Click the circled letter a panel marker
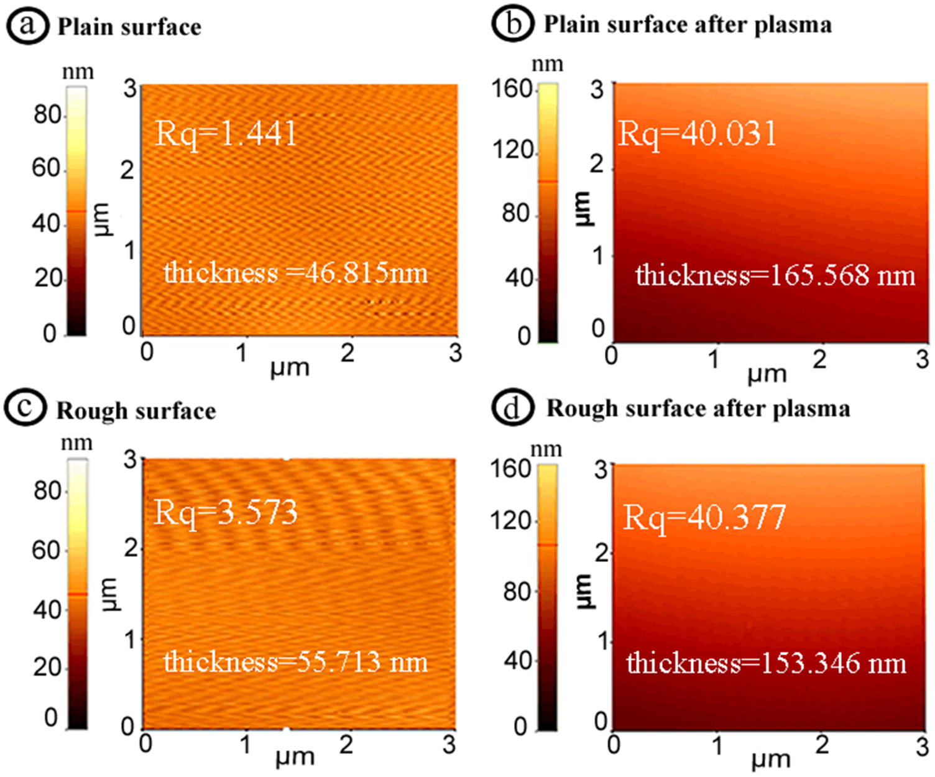[27, 27]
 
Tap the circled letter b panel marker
[512, 24]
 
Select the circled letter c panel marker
[25, 409]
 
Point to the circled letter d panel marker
[512, 408]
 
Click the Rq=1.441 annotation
[226, 134]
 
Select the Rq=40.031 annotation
[697, 134]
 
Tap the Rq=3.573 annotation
[226, 513]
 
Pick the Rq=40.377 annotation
[704, 517]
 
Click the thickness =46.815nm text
[296, 273]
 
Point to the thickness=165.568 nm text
[775, 275]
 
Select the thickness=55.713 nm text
[296, 661]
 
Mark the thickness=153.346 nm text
[766, 663]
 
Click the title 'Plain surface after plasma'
[688, 25]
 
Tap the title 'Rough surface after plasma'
[698, 409]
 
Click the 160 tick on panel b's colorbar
[512, 89]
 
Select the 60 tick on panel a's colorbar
[47, 168]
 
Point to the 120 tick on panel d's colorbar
[510, 520]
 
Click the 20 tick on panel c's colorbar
[47, 667]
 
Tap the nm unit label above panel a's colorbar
[78, 72]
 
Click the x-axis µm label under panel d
[770, 760]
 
